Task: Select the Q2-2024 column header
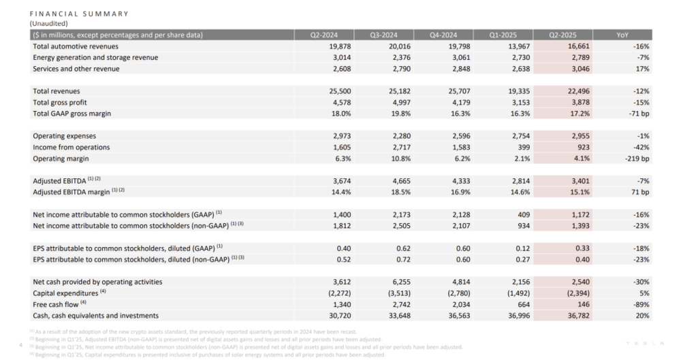[323, 35]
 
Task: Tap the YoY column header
[622, 35]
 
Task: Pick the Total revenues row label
[57, 91]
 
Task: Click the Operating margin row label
[62, 159]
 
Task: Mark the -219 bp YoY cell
[636, 159]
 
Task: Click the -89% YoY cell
[639, 304]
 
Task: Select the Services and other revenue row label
[76, 69]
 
